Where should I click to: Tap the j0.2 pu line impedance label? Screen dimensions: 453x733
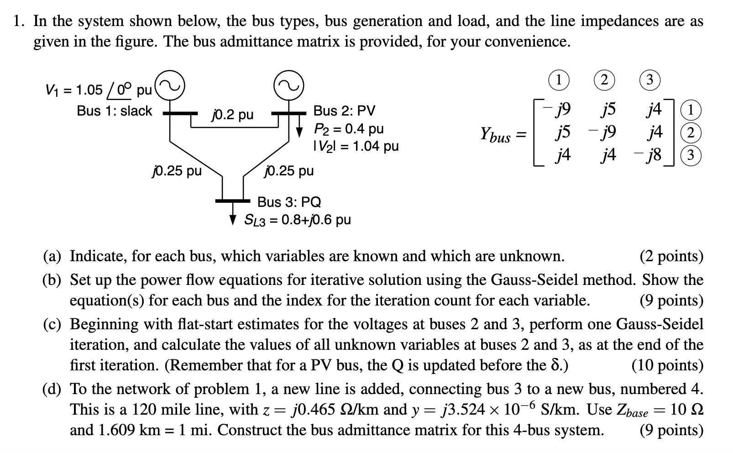pos(232,114)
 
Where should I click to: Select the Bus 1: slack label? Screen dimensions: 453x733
pos(114,111)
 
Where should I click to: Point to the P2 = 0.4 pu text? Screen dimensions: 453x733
pos(348,128)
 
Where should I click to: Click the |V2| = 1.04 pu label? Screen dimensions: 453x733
pos(356,146)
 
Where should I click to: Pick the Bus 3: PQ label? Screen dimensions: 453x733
pos(289,202)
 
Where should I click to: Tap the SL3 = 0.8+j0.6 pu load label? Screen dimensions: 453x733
pos(297,220)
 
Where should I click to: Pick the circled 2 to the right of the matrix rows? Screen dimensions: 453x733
pos(691,133)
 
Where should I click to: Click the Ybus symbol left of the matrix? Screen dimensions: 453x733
pos(495,135)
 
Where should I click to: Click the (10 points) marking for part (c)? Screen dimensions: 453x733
pos(667,365)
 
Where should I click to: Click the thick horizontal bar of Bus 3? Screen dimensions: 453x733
pos(233,200)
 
